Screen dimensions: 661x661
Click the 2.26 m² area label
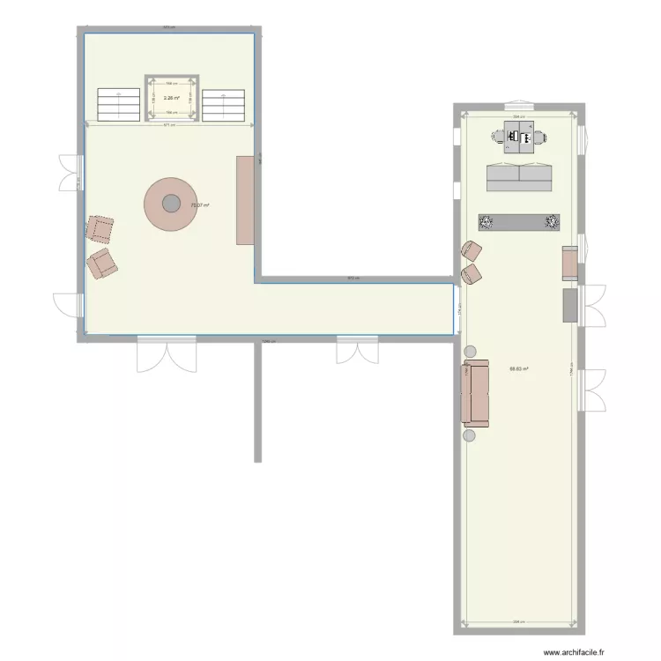click(x=171, y=98)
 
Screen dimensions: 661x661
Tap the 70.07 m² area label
click(x=200, y=205)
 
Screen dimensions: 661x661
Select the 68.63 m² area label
click(x=519, y=369)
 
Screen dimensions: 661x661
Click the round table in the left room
click(x=169, y=204)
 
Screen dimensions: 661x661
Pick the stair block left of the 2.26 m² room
click(x=119, y=105)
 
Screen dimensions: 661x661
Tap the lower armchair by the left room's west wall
click(x=103, y=263)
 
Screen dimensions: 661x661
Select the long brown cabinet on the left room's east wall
click(x=245, y=200)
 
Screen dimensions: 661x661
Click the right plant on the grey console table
click(x=552, y=221)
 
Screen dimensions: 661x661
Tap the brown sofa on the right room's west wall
click(x=476, y=393)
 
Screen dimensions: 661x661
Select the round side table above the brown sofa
click(x=470, y=352)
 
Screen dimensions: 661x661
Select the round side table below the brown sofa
click(x=470, y=434)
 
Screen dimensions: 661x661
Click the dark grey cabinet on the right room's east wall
click(x=570, y=305)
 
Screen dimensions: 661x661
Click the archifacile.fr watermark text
click(x=574, y=653)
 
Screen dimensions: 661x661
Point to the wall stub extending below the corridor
click(x=257, y=401)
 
